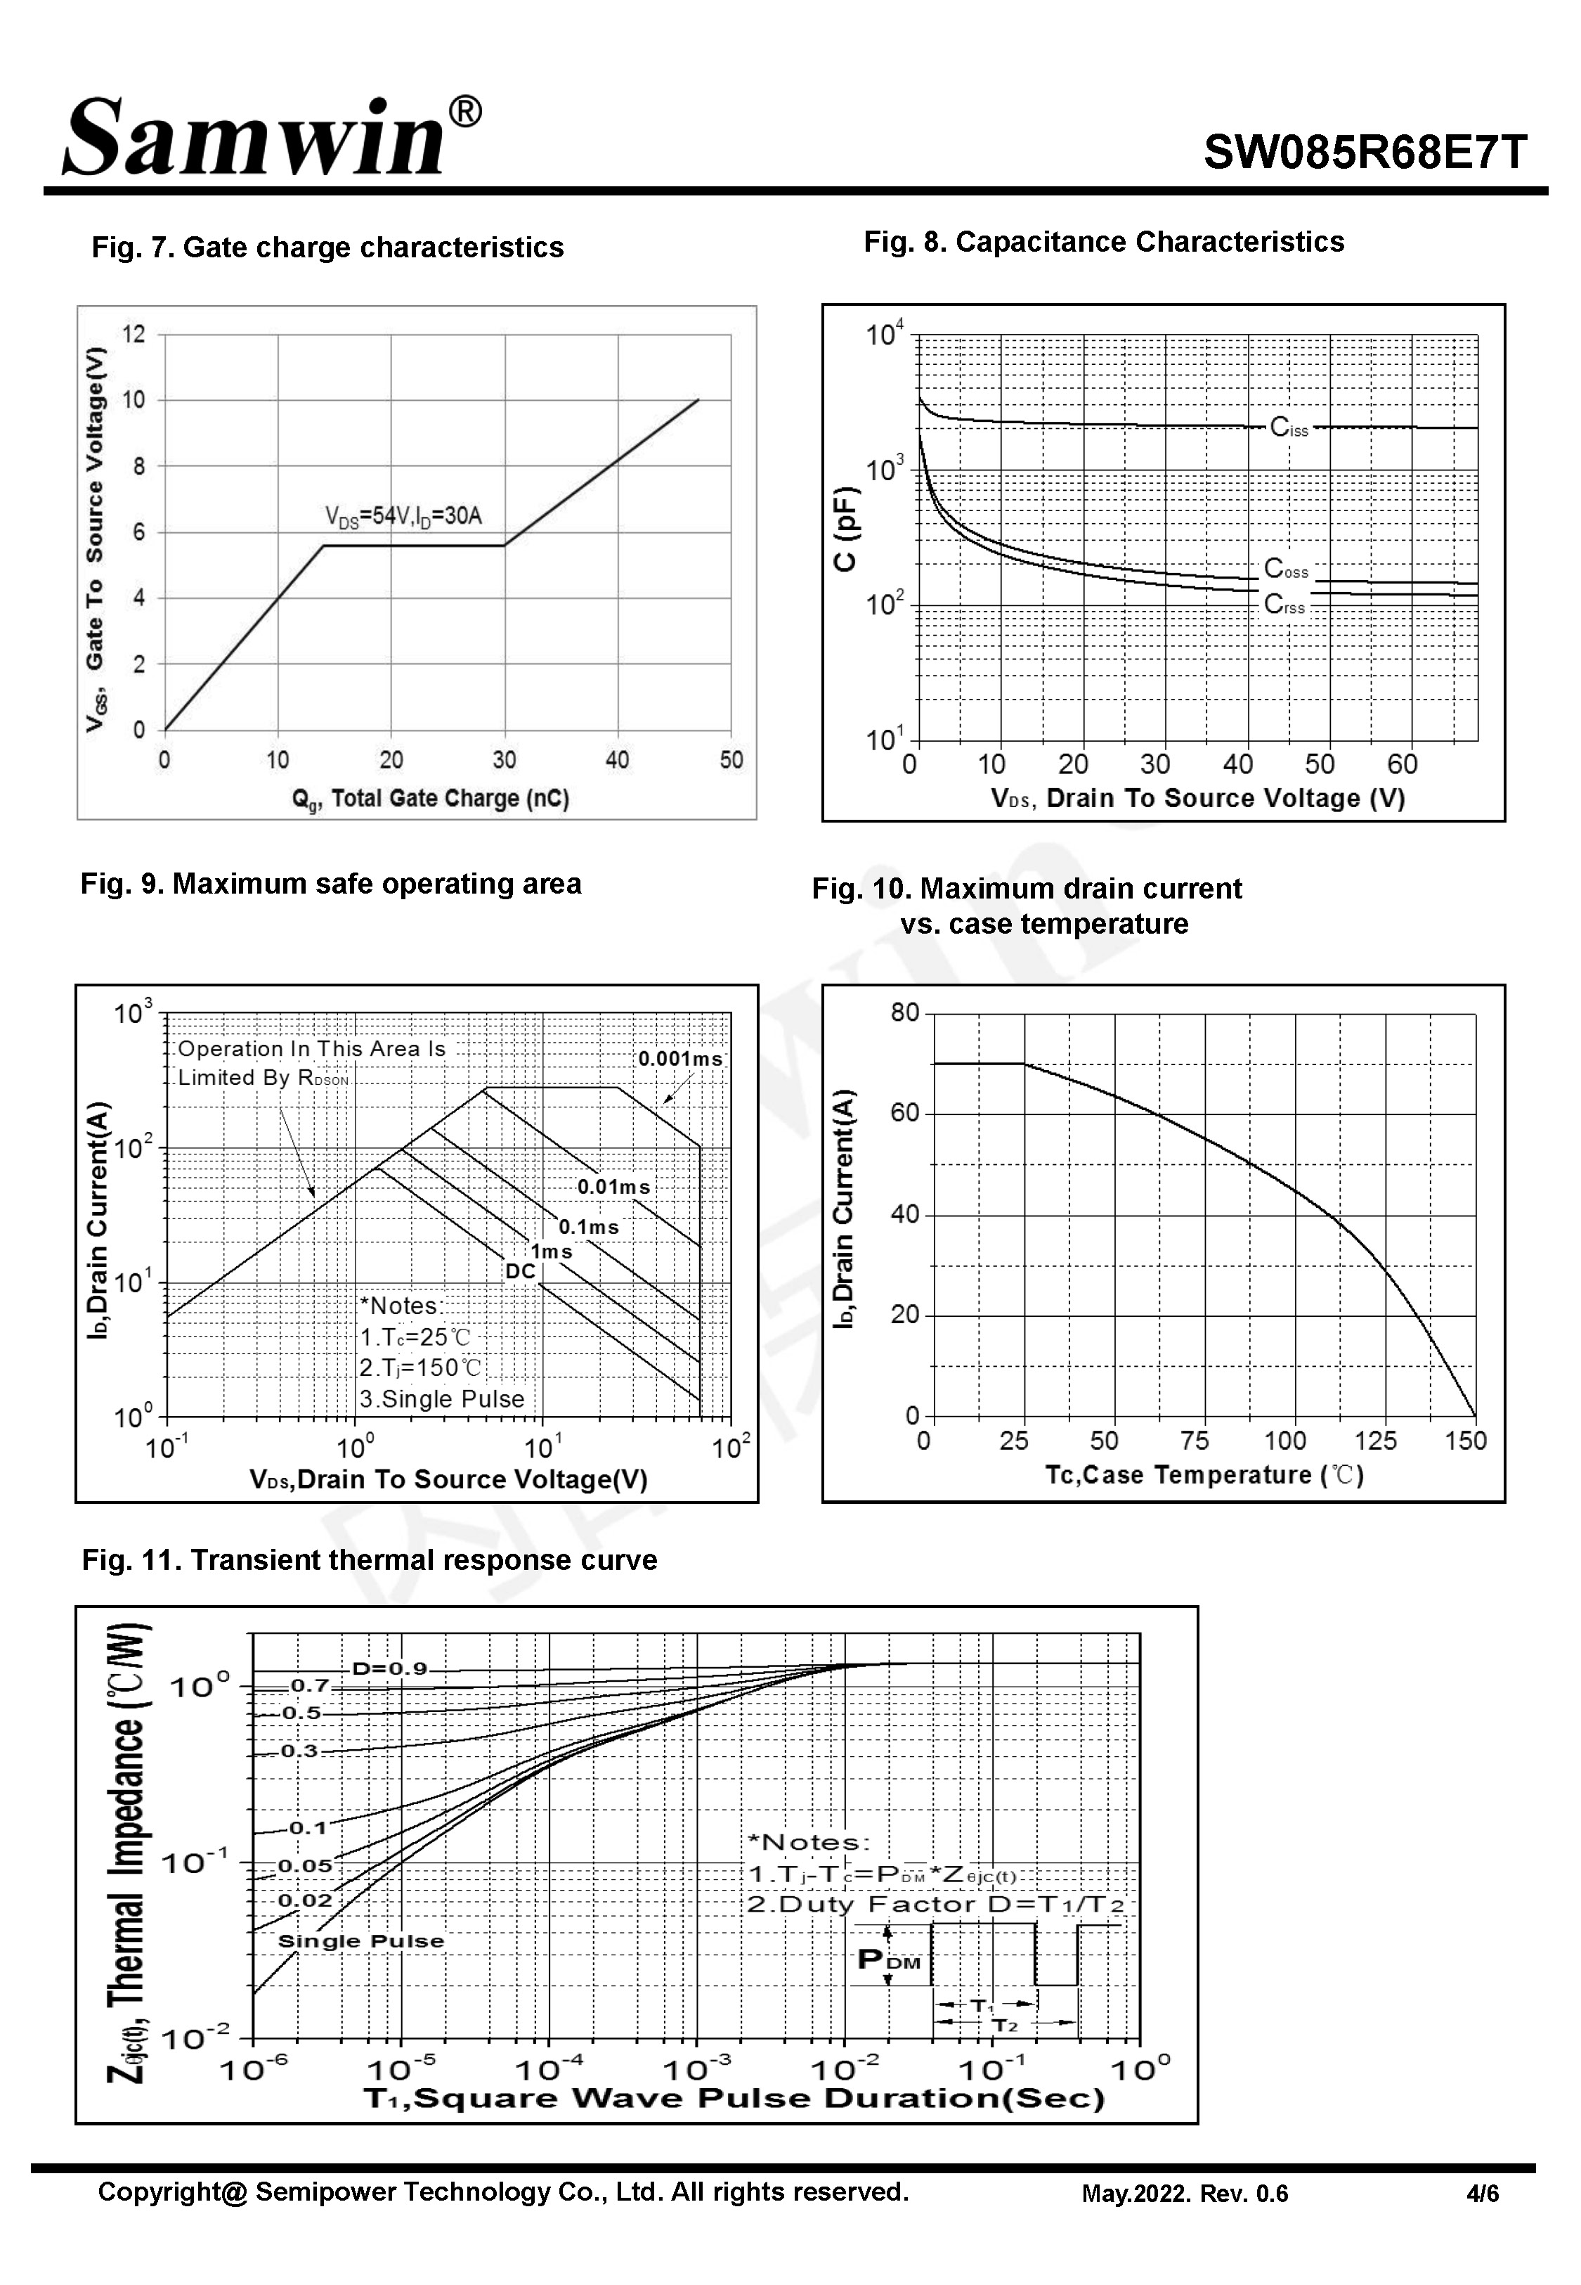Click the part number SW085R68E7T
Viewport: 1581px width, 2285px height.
pos(1365,153)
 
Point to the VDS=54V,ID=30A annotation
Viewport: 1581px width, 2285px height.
pos(403,516)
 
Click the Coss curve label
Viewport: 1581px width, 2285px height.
pos(1286,569)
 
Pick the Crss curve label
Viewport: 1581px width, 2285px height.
pos(1284,605)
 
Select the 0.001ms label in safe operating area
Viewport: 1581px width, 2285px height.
pos(679,1058)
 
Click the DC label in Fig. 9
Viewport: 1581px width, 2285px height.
pos(520,1271)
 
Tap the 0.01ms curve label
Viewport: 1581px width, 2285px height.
pos(613,1186)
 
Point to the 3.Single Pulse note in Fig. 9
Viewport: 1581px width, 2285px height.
pos(442,1399)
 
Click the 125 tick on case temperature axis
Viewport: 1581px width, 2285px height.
pos(1375,1441)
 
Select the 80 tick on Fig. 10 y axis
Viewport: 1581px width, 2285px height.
pos(904,1012)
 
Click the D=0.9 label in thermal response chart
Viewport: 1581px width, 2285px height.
pos(389,1668)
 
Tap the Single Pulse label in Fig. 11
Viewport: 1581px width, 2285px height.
pos(360,1940)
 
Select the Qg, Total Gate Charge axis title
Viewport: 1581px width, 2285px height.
pos(430,799)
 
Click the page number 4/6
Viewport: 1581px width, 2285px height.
pos(1482,2194)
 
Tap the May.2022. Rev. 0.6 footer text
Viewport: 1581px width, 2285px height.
pos(1185,2194)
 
